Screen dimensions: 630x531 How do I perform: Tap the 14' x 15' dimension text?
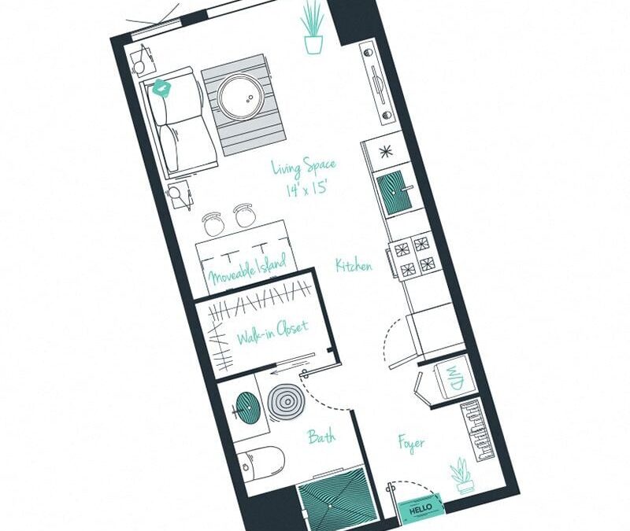pyautogui.click(x=306, y=188)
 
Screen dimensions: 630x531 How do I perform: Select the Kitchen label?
pyautogui.click(x=354, y=266)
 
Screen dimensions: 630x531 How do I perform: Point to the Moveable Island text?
pyautogui.click(x=246, y=269)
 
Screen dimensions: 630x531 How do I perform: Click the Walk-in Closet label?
pyautogui.click(x=272, y=332)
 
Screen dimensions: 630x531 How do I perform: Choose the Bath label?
pyautogui.click(x=321, y=436)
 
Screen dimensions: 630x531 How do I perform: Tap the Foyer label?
pyautogui.click(x=411, y=443)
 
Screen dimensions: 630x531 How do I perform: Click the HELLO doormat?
pyautogui.click(x=421, y=509)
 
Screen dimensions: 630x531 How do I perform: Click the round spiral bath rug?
pyautogui.click(x=287, y=402)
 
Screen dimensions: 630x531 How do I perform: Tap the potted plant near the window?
pyautogui.click(x=313, y=28)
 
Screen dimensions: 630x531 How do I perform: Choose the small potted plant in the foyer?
pyautogui.click(x=462, y=477)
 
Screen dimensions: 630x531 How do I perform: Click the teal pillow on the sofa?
pyautogui.click(x=162, y=88)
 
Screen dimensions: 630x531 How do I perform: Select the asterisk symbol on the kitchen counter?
pyautogui.click(x=386, y=151)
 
